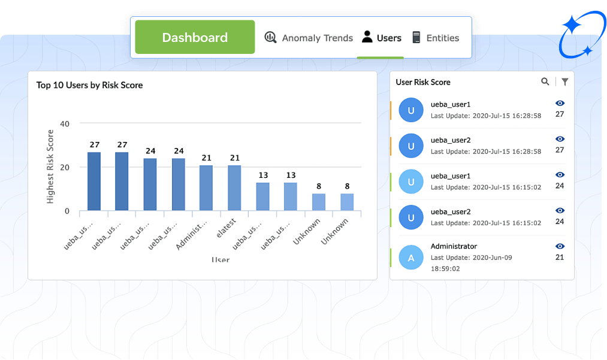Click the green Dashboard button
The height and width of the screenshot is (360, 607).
195,37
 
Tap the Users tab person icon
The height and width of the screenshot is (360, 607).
367,37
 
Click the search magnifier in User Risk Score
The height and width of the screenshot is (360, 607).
545,81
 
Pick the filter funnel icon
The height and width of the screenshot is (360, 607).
564,82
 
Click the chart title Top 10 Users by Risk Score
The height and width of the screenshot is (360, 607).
89,85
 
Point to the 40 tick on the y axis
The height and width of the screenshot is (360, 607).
65,124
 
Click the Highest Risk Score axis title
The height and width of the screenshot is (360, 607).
50,167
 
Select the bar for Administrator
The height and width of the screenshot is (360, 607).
206,187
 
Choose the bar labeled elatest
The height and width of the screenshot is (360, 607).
234,187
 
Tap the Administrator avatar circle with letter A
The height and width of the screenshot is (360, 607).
411,258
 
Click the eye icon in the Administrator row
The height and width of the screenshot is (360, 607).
560,246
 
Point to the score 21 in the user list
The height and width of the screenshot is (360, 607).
560,258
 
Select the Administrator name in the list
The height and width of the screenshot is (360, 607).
454,246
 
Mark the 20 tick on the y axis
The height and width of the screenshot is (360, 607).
65,168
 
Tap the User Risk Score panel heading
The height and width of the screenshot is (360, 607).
423,82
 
